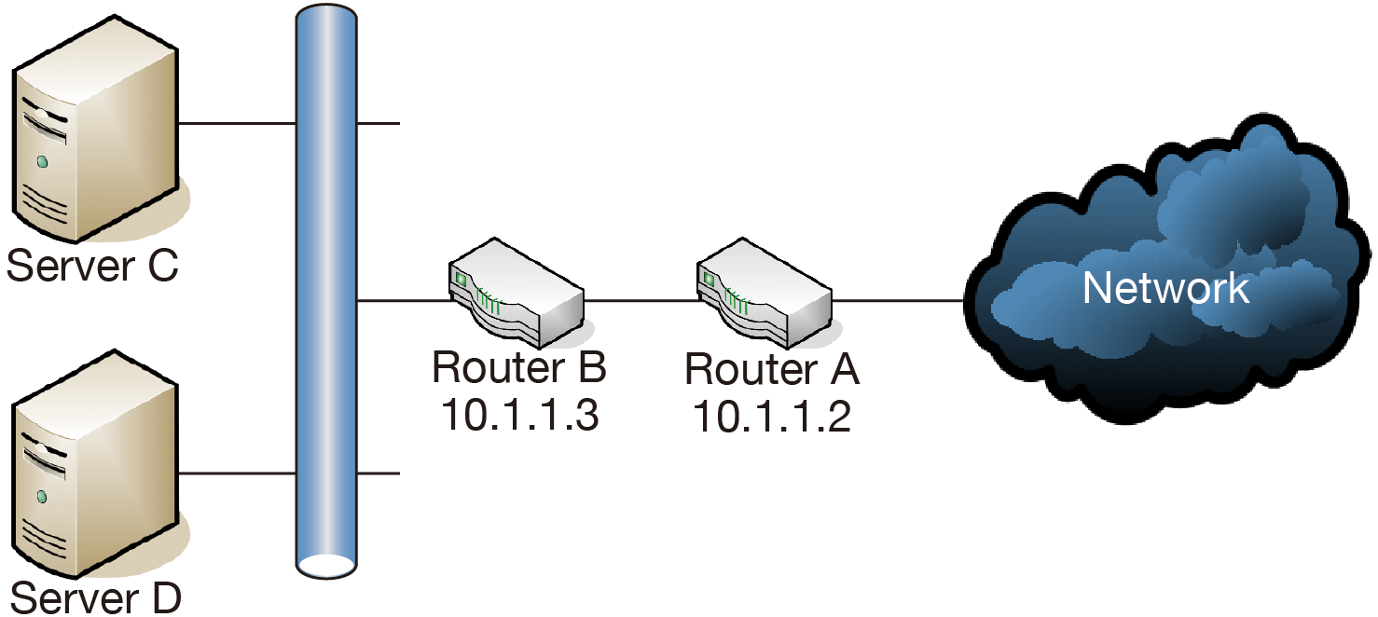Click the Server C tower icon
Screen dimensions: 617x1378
click(93, 135)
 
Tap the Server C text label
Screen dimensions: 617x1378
click(92, 267)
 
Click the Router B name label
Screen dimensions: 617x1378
click(519, 369)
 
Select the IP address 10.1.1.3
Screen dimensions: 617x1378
click(519, 415)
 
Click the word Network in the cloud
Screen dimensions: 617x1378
click(1165, 288)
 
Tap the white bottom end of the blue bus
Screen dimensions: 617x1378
click(326, 564)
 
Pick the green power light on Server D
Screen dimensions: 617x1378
click(42, 494)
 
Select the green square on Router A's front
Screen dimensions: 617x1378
click(710, 278)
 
